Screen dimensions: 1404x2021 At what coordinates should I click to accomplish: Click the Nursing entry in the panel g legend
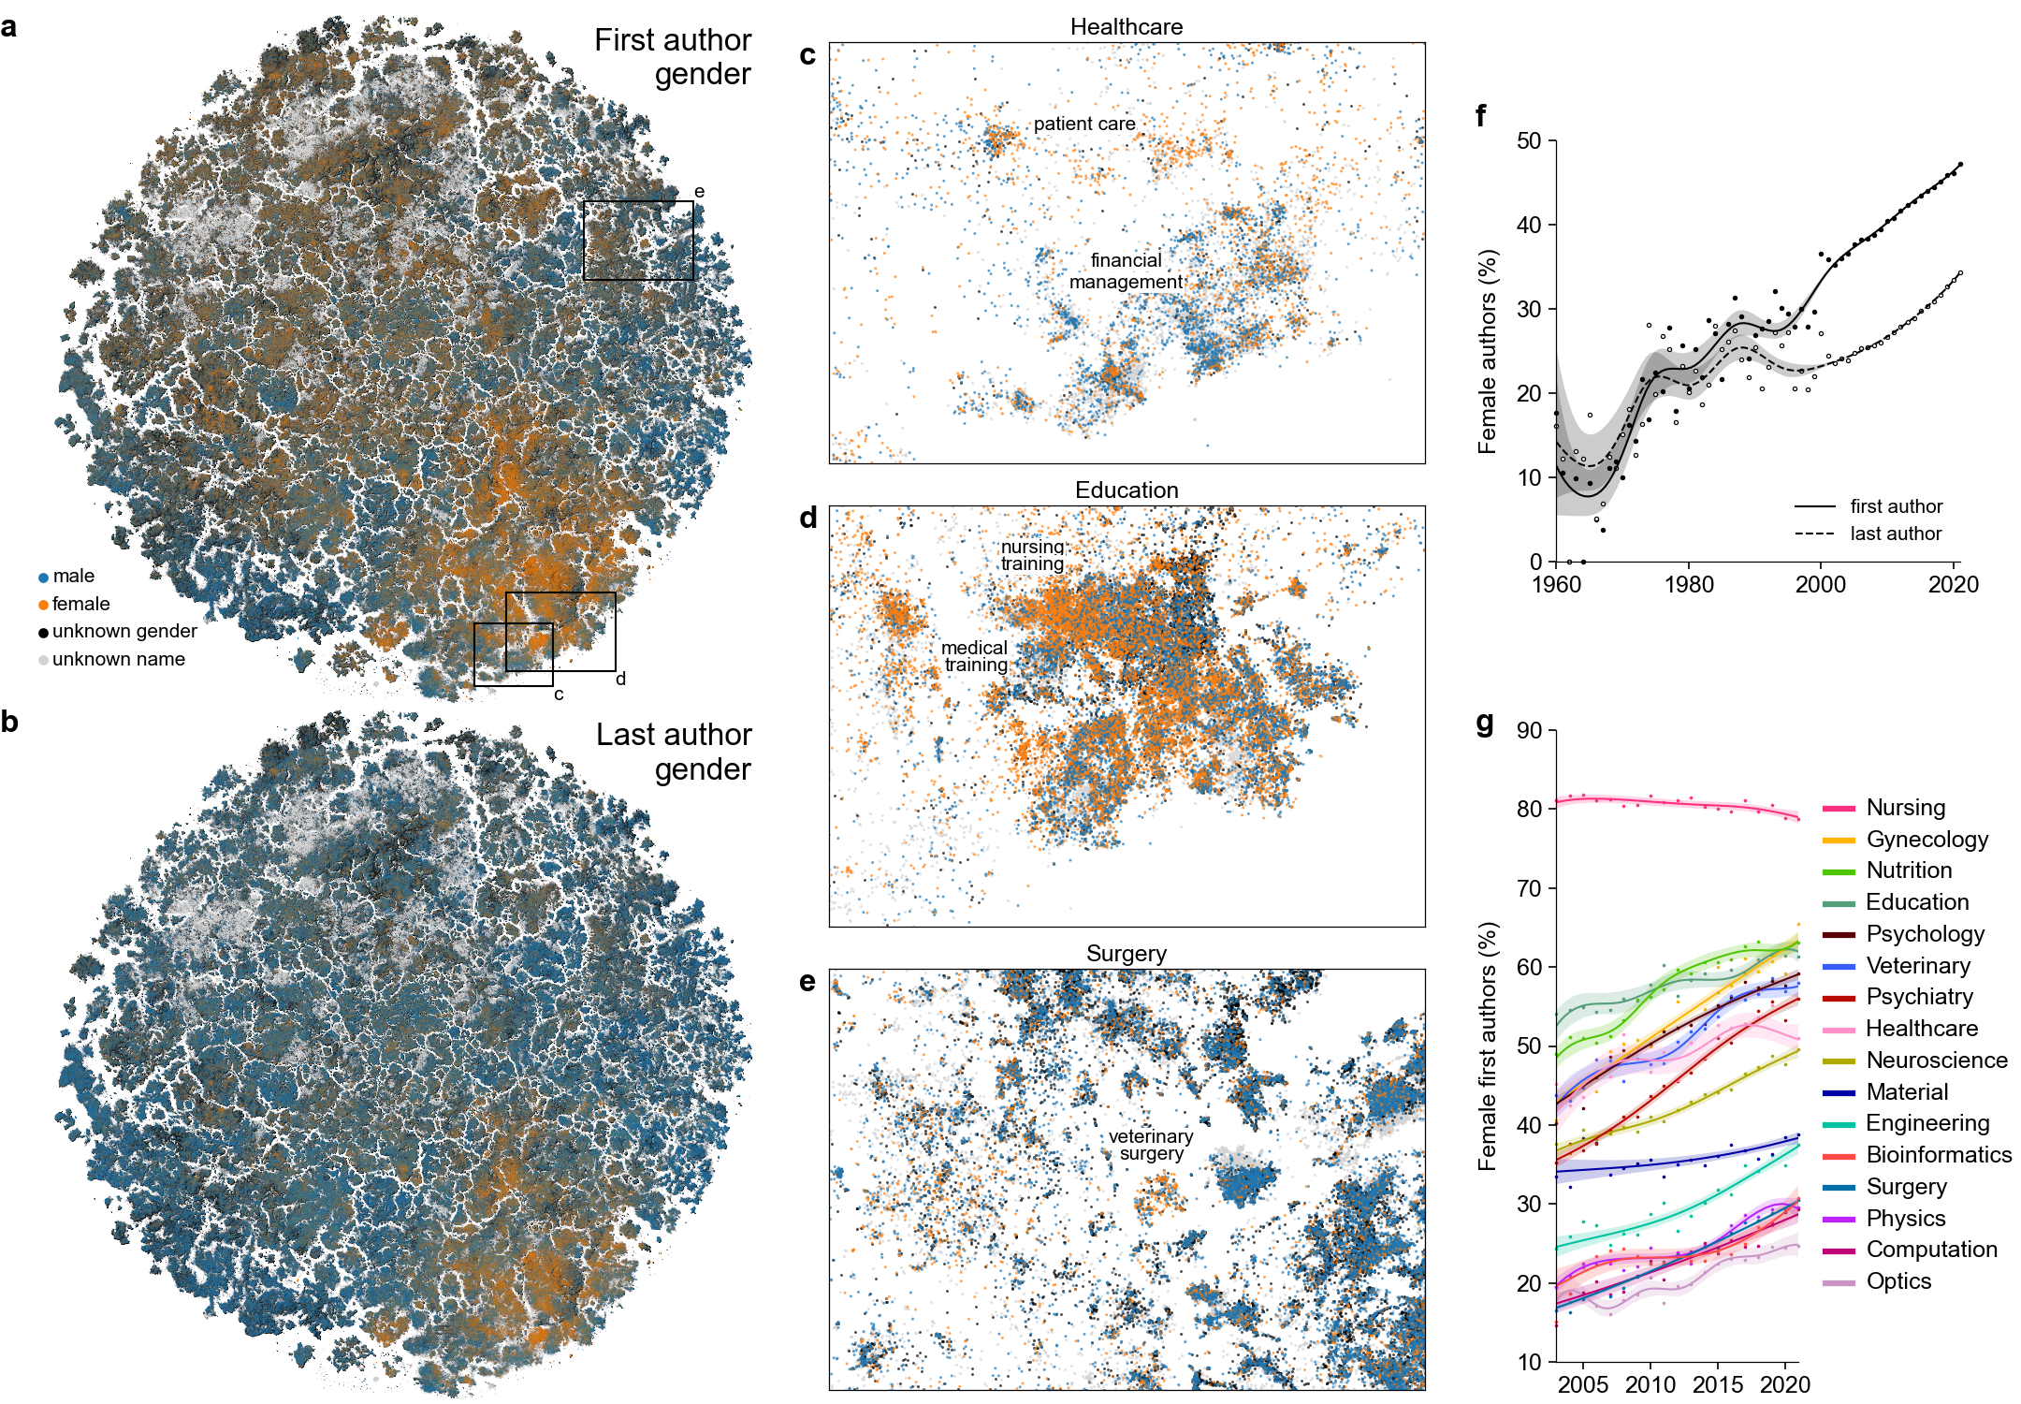[1905, 808]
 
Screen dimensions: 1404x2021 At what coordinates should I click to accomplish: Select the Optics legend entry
[1897, 1281]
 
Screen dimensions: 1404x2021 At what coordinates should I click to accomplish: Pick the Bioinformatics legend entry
[1938, 1155]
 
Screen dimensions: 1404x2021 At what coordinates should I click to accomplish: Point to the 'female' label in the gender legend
[80, 604]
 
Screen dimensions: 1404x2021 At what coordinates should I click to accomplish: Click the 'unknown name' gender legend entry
[118, 659]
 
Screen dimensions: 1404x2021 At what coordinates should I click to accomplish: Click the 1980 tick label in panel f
[1689, 585]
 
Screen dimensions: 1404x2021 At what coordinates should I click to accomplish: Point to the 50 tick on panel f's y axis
[1529, 141]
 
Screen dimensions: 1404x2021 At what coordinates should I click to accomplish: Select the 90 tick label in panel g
[1529, 731]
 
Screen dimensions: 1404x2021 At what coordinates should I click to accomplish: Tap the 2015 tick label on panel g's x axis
[1718, 1384]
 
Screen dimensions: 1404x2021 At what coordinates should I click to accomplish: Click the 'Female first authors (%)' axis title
[1488, 1046]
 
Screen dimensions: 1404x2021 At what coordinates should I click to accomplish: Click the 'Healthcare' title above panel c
[1127, 27]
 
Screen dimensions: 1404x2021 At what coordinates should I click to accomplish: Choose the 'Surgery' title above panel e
[1127, 954]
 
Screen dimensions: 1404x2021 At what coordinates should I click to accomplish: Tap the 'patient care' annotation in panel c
[1084, 124]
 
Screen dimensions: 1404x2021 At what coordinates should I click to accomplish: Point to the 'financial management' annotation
[1127, 271]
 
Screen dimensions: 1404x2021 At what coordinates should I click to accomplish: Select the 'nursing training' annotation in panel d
[1033, 555]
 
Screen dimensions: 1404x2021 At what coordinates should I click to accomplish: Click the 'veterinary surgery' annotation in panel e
[1151, 1145]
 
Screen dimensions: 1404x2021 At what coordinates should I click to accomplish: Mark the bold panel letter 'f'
[1481, 115]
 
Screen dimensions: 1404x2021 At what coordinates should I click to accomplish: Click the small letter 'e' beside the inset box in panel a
[699, 192]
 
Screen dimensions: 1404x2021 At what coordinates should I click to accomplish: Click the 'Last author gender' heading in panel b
[674, 752]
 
